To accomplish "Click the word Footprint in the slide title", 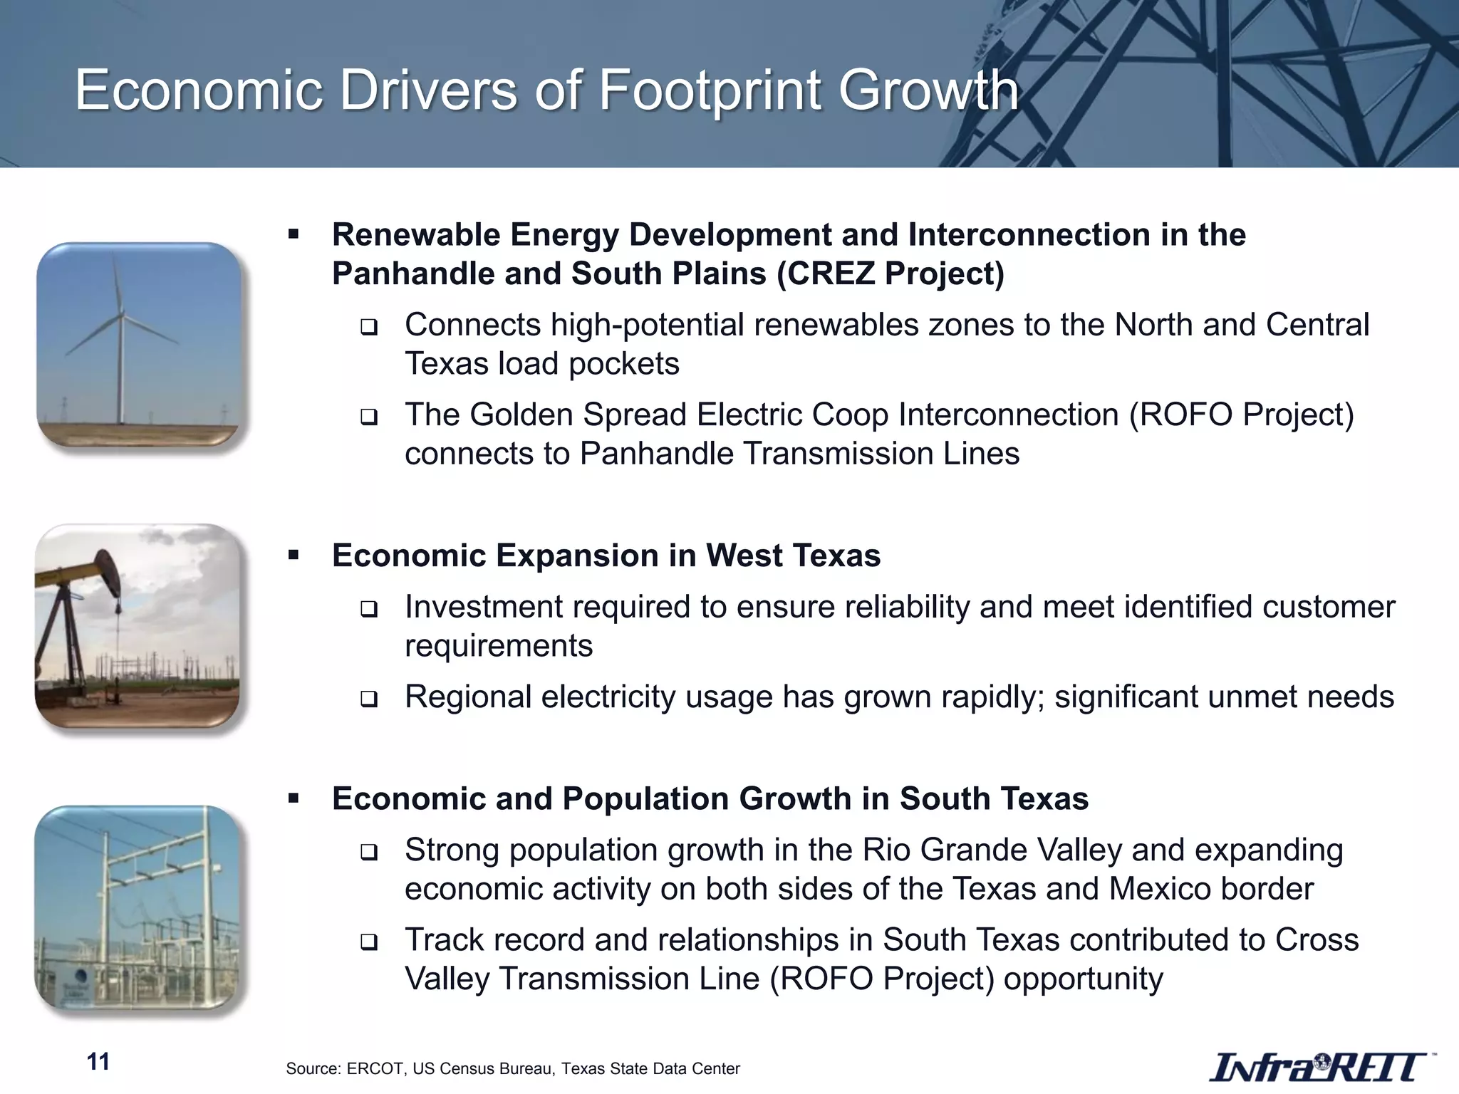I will point(710,91).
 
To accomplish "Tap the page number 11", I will point(98,1061).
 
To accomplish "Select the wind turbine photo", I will point(140,345).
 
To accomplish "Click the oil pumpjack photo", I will point(137,626).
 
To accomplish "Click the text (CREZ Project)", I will point(891,273).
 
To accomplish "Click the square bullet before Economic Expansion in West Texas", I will point(294,555).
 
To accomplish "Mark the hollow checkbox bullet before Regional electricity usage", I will point(368,699).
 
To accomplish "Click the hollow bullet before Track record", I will point(368,942).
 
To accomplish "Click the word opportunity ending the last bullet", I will point(1083,979).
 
